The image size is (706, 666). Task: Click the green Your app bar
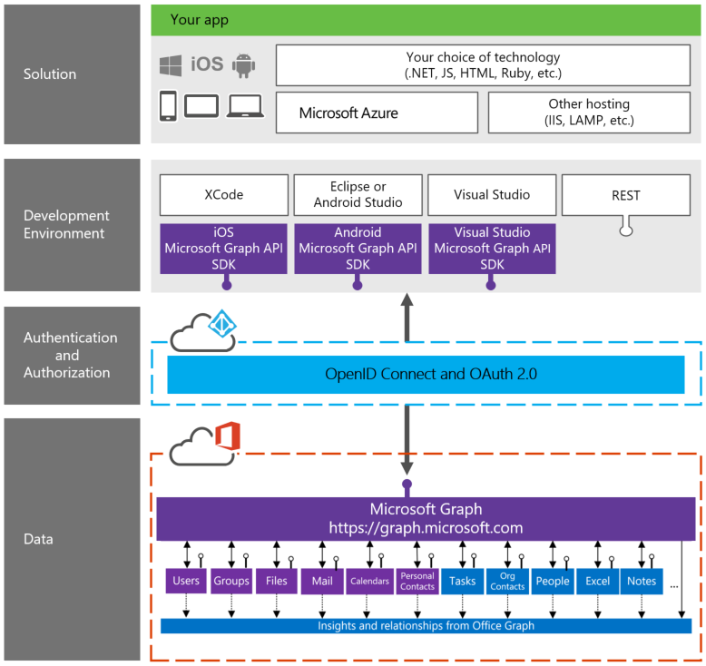click(425, 19)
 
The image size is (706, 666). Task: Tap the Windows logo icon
click(170, 65)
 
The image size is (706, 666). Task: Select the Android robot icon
click(243, 65)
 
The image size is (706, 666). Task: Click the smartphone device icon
click(168, 106)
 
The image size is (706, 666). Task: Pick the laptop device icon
click(246, 106)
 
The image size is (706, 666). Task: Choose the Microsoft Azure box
click(377, 113)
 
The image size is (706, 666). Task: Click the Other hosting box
click(588, 113)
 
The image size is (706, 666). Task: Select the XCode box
click(223, 195)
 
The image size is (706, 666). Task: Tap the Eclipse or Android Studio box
click(358, 195)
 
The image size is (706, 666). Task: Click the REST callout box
click(625, 195)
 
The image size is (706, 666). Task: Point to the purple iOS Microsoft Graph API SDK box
click(223, 248)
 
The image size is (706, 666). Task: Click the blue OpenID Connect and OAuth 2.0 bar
click(426, 374)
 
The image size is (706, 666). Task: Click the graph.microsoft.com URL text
click(426, 527)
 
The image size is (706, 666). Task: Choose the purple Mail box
click(322, 581)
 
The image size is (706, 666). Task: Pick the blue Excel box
click(597, 581)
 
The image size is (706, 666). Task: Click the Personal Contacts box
click(417, 581)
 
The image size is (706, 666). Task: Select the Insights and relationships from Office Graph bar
click(426, 626)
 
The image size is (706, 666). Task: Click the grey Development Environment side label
click(66, 224)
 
